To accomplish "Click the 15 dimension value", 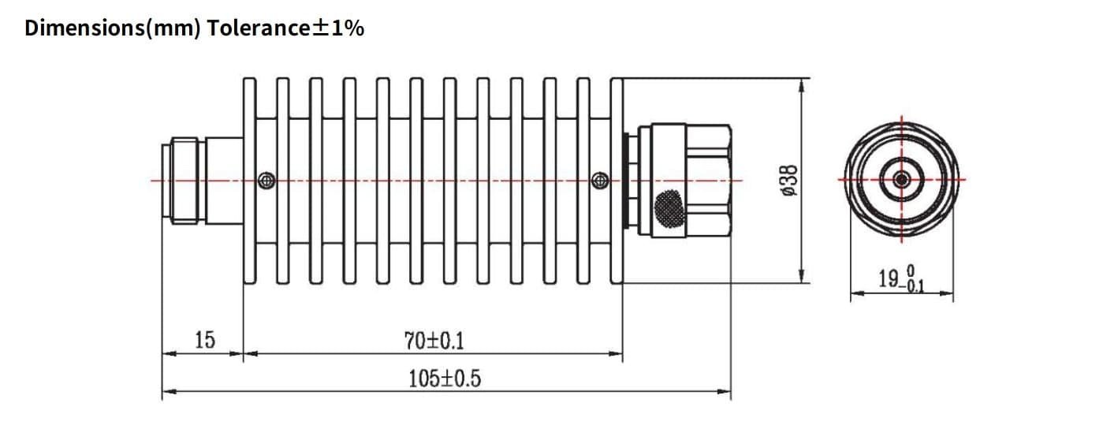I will point(204,341).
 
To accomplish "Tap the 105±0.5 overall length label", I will point(444,379).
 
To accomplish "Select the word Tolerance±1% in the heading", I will point(285,29).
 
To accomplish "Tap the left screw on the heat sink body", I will point(268,181).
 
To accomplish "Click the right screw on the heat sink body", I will point(599,181).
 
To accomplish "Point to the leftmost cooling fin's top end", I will point(249,80).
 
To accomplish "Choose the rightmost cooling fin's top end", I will point(617,80).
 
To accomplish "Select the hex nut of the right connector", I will point(706,181).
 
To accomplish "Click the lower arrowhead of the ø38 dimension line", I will point(801,278).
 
